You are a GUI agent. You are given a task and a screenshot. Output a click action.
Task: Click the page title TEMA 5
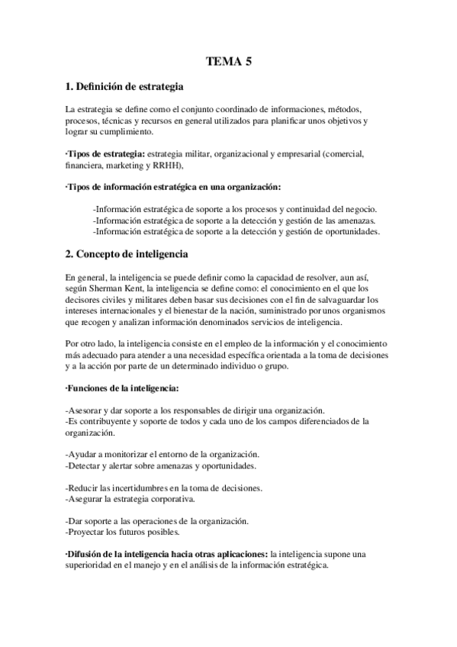coord(228,63)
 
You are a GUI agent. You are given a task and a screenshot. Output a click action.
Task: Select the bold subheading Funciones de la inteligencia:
coord(122,388)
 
